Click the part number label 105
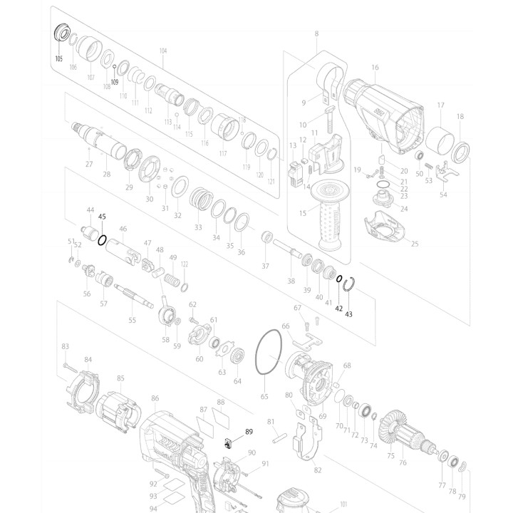(59, 60)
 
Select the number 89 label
(249, 432)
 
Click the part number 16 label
(375, 68)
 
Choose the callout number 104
(163, 51)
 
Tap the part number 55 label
(132, 321)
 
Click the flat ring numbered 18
(460, 150)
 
